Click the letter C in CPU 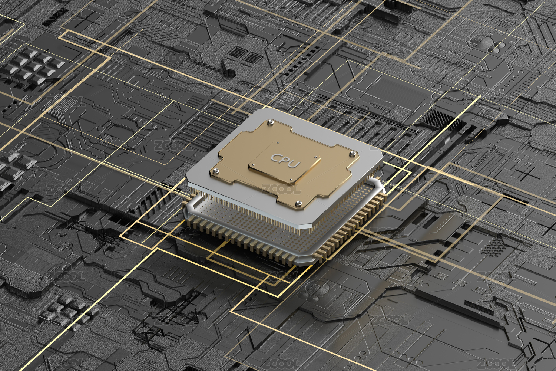point(275,158)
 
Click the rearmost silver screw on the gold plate point(271,122)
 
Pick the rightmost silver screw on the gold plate point(351,154)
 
